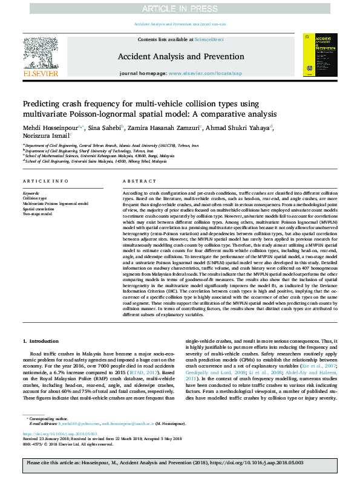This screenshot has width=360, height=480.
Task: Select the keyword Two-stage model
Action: point(38,213)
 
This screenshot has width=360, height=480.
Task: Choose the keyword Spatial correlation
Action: point(39,209)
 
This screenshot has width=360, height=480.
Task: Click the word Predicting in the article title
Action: point(43,103)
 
